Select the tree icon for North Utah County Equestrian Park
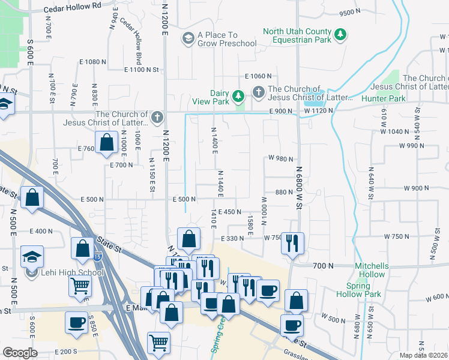click(340, 35)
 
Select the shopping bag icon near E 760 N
click(107, 142)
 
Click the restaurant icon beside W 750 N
click(293, 243)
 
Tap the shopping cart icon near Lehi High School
click(79, 287)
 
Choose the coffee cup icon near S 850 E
click(76, 322)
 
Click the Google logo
click(20, 353)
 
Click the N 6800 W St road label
click(298, 180)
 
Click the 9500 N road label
click(349, 13)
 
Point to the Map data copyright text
click(423, 355)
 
